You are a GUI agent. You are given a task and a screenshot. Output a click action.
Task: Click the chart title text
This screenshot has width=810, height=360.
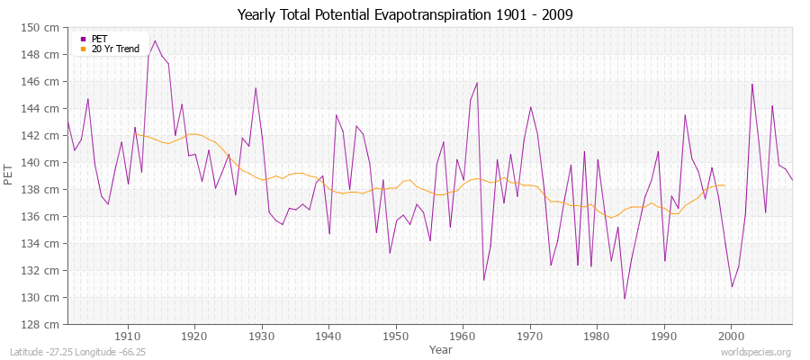(x=404, y=14)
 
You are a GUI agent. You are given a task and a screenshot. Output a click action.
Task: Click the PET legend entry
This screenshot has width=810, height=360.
(x=99, y=39)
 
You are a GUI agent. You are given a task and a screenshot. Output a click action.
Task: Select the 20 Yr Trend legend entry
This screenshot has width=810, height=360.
(x=114, y=49)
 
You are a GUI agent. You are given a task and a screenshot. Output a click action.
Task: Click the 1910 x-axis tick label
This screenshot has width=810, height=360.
(x=128, y=336)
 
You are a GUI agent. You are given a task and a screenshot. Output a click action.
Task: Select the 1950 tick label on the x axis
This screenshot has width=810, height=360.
(x=396, y=336)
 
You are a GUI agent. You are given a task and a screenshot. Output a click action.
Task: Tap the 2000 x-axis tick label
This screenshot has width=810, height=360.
(x=731, y=336)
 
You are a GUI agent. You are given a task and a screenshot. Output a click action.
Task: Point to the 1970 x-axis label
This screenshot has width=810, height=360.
(x=530, y=336)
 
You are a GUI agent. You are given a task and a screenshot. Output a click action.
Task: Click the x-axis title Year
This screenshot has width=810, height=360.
(x=441, y=348)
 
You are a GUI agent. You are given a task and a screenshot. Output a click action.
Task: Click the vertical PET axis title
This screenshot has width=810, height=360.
(x=8, y=175)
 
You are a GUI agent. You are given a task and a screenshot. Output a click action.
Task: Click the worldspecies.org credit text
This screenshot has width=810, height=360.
(x=756, y=352)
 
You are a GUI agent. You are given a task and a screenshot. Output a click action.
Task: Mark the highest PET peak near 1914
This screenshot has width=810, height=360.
(x=155, y=40)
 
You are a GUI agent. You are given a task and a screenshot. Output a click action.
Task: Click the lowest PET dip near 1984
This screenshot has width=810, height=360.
(x=624, y=299)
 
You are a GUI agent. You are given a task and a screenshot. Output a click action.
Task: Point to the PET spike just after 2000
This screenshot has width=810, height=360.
(x=751, y=85)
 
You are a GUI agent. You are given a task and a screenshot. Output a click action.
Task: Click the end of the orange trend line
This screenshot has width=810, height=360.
(x=724, y=185)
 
